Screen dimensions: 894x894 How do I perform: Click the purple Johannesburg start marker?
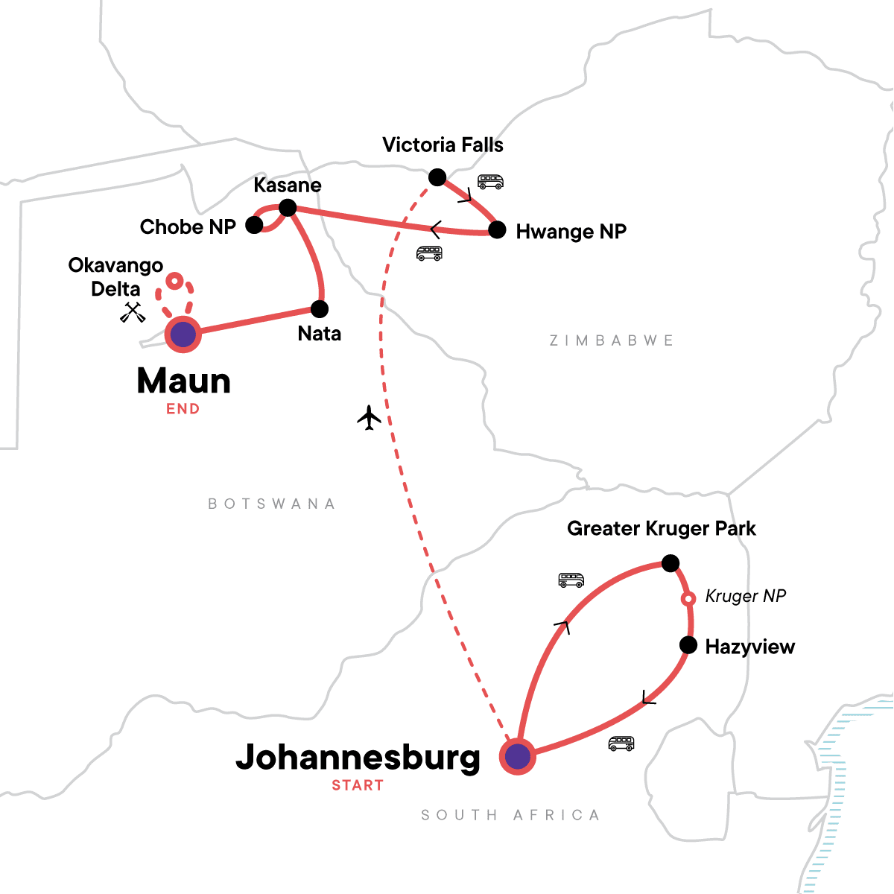pos(518,757)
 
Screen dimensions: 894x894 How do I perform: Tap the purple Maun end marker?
pos(183,335)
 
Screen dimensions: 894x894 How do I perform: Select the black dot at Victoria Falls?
pos(437,177)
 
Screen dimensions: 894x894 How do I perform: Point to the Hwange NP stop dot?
pos(497,230)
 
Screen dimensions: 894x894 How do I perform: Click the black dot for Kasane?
pos(288,208)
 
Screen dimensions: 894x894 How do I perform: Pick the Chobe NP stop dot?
pos(255,225)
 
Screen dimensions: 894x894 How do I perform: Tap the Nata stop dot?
pos(320,308)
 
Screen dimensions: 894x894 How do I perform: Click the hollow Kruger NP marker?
pos(689,598)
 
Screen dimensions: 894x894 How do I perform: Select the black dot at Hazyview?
pos(688,645)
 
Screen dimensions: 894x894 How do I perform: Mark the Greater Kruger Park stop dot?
pos(670,563)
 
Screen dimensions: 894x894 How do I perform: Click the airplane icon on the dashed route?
pos(369,418)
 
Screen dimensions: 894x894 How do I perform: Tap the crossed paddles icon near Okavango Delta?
pos(133,312)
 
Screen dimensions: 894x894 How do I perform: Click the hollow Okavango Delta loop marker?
pos(174,281)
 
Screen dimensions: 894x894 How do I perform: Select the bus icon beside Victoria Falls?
pos(490,181)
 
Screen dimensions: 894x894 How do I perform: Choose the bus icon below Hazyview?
pos(621,743)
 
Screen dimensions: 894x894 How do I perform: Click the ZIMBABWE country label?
pos(611,340)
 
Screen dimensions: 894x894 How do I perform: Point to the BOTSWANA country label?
pos(271,504)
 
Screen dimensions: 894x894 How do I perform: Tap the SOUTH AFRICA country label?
pos(510,815)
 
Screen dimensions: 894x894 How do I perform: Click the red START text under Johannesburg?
pos(358,785)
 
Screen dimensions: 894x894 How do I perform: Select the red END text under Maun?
pos(183,408)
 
